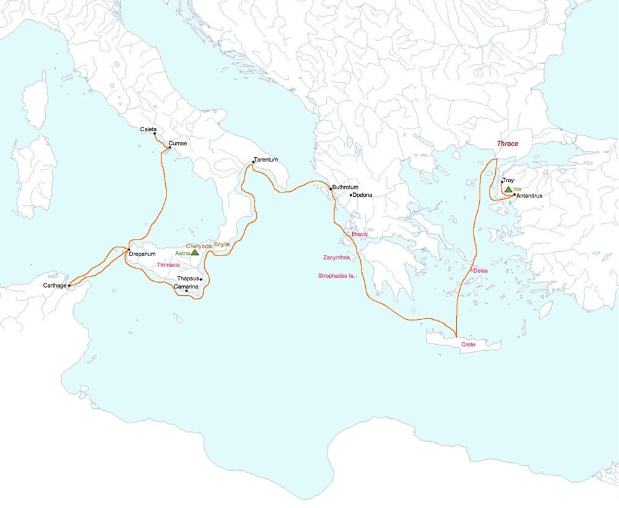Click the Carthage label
(54, 286)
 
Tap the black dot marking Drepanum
(128, 249)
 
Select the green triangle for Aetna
(195, 252)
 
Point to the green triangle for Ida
(508, 189)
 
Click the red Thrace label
(507, 144)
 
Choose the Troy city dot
(501, 182)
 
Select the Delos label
(480, 271)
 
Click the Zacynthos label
(337, 257)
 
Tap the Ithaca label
(359, 235)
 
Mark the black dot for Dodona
(350, 196)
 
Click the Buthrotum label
(345, 187)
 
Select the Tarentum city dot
(254, 162)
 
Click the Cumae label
(178, 144)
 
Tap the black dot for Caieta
(154, 134)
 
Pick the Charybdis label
(199, 246)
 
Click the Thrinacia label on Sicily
(168, 265)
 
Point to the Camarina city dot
(186, 291)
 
